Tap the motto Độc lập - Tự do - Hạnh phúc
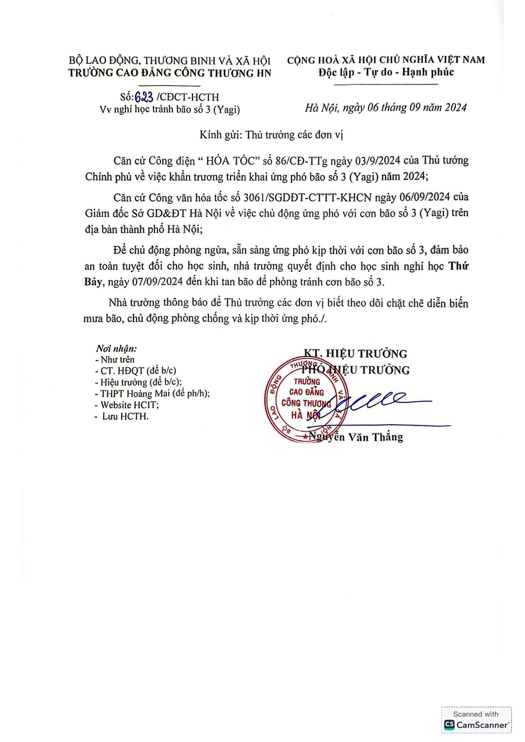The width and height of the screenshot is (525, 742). pos(386,72)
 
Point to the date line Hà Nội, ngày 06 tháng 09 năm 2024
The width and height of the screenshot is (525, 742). pos(385,108)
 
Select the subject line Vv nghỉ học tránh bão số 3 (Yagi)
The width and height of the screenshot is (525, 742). pos(170,110)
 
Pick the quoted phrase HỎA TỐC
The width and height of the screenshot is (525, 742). pos(233,161)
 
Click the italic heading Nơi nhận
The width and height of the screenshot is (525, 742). pos(116,349)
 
